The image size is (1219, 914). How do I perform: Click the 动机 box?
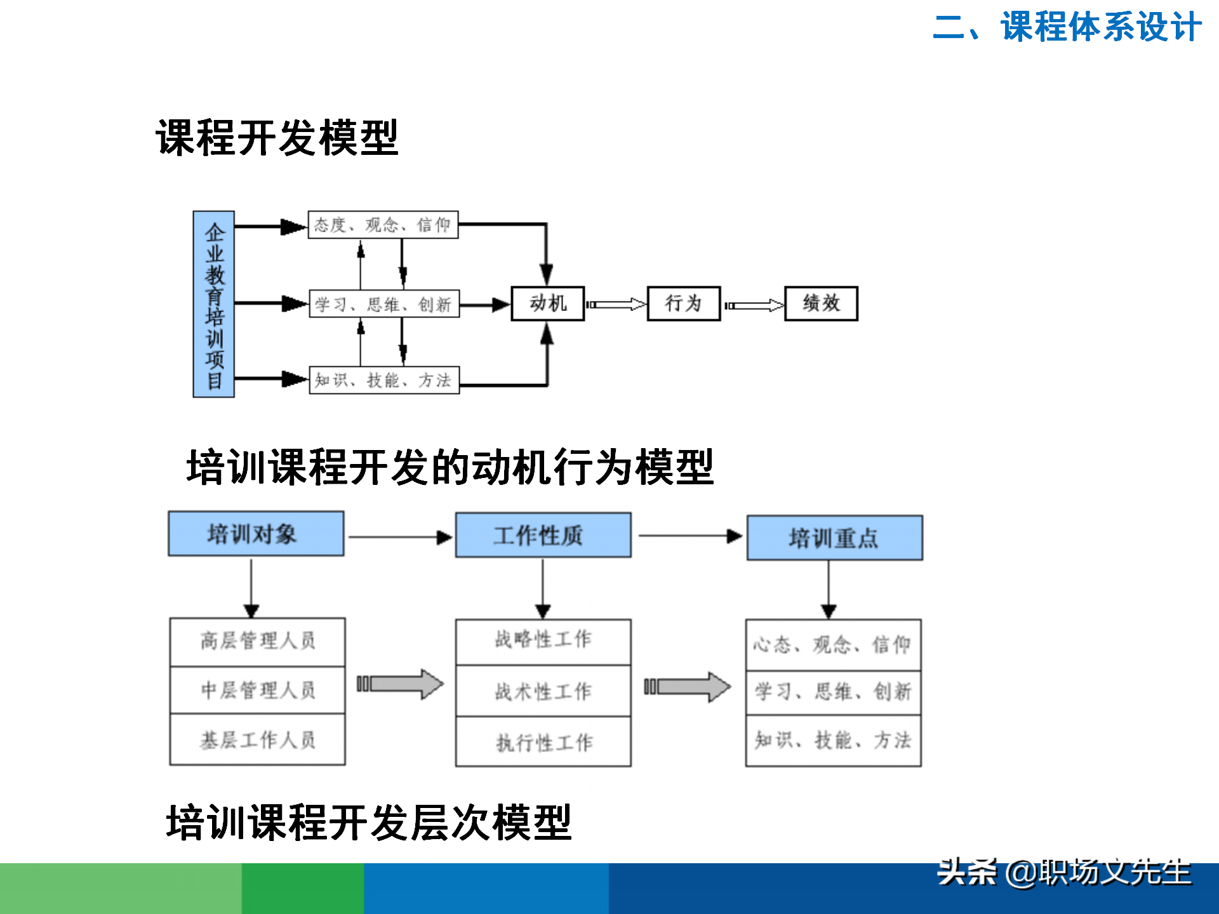click(x=547, y=303)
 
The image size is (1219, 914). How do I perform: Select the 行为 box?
click(x=683, y=303)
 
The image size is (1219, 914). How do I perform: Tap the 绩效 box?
click(x=821, y=303)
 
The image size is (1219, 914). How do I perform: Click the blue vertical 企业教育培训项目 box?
click(x=214, y=304)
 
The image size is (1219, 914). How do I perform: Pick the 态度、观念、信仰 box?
click(x=383, y=225)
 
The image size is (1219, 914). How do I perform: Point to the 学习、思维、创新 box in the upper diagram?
click(x=383, y=304)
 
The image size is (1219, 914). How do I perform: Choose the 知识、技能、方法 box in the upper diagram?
click(x=383, y=380)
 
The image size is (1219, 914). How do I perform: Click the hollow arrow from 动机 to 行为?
click(x=615, y=305)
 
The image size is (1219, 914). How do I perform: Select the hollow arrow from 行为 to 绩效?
click(x=754, y=305)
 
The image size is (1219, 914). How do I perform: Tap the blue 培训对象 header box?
click(x=256, y=534)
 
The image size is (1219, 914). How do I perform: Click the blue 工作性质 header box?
click(x=543, y=535)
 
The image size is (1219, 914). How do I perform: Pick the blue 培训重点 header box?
click(x=834, y=538)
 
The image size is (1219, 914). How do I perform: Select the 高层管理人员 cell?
click(x=257, y=641)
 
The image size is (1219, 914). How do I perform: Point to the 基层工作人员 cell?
click(x=257, y=739)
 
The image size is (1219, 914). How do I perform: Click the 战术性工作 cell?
click(x=543, y=691)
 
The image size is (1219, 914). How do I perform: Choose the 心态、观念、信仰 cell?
click(x=833, y=645)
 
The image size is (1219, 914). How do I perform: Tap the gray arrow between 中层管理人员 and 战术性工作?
click(x=400, y=684)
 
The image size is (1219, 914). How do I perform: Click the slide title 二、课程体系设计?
click(x=1067, y=27)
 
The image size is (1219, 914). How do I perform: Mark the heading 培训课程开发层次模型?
click(x=369, y=822)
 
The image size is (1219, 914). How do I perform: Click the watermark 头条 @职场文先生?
click(x=1064, y=873)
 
